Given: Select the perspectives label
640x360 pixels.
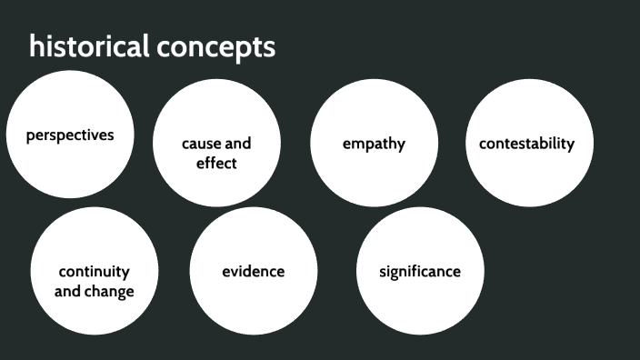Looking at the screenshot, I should click(x=70, y=135).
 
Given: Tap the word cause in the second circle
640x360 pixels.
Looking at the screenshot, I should click(x=199, y=144).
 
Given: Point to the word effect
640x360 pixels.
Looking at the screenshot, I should click(x=216, y=164).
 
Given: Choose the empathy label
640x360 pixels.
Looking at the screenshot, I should click(x=374, y=144).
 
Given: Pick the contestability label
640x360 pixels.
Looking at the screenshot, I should click(x=527, y=144).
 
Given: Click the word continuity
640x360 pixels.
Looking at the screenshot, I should click(x=95, y=272).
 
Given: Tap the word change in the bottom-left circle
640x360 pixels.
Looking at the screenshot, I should click(x=111, y=292).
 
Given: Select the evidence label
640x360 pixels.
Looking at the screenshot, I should click(x=254, y=272).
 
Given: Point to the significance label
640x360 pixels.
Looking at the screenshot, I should click(x=420, y=272).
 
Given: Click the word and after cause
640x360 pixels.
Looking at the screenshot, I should click(x=236, y=144).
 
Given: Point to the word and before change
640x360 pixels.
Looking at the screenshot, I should click(x=68, y=292).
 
